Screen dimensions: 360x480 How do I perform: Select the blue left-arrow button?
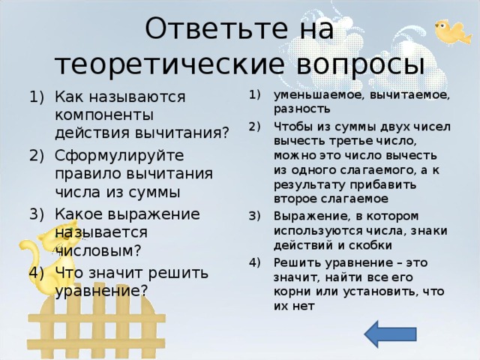[391, 334]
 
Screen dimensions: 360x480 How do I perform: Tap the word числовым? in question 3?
[97, 250]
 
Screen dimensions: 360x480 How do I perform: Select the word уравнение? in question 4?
[100, 289]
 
